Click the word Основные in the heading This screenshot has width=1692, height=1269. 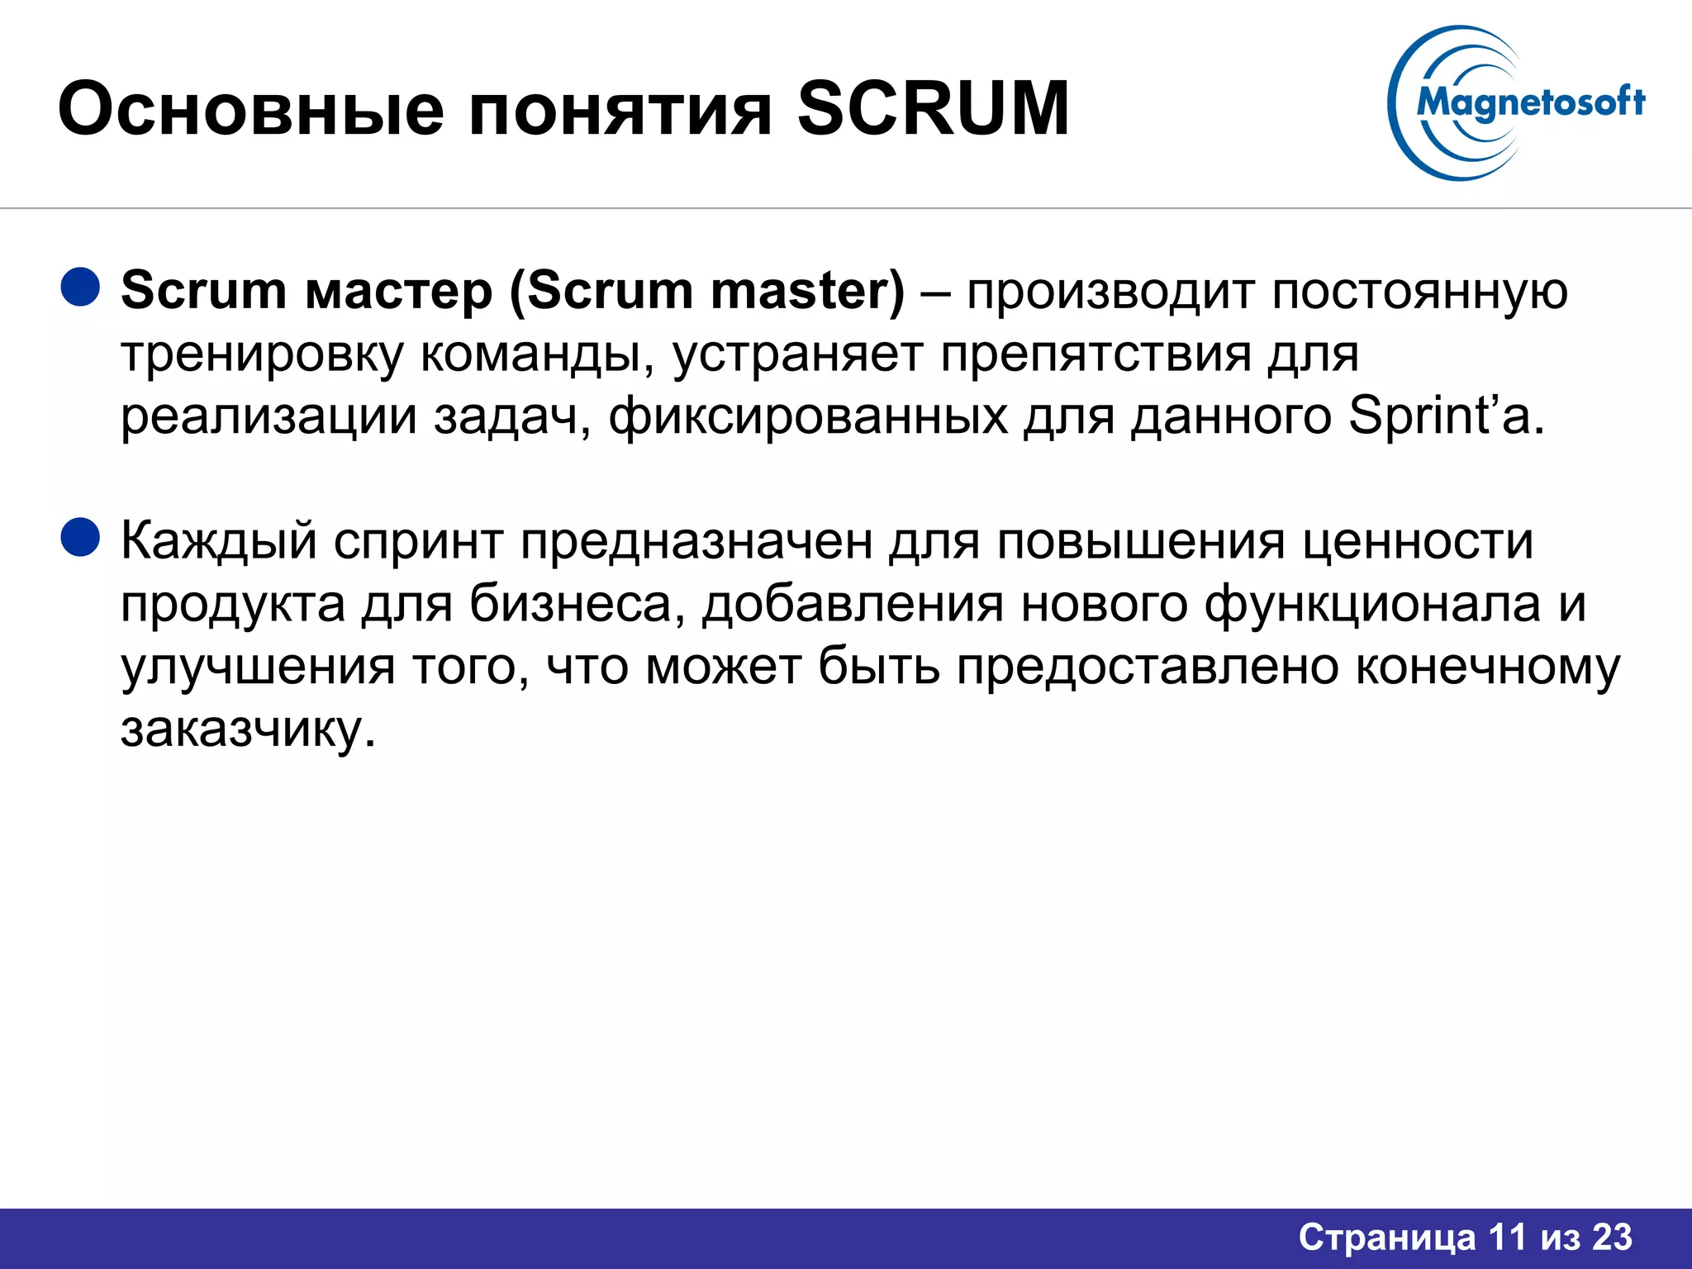click(x=251, y=110)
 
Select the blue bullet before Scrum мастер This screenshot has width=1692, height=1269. click(x=80, y=287)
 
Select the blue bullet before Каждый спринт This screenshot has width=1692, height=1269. click(x=80, y=537)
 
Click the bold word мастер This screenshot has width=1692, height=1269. click(x=399, y=292)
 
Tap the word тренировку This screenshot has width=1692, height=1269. click(x=263, y=355)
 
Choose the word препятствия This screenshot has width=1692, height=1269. click(x=1096, y=355)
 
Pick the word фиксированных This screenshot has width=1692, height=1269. click(x=808, y=416)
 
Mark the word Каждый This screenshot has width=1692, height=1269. click(x=219, y=542)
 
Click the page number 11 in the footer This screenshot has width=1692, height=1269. click(x=1507, y=1238)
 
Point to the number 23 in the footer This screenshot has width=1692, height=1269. click(x=1612, y=1238)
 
